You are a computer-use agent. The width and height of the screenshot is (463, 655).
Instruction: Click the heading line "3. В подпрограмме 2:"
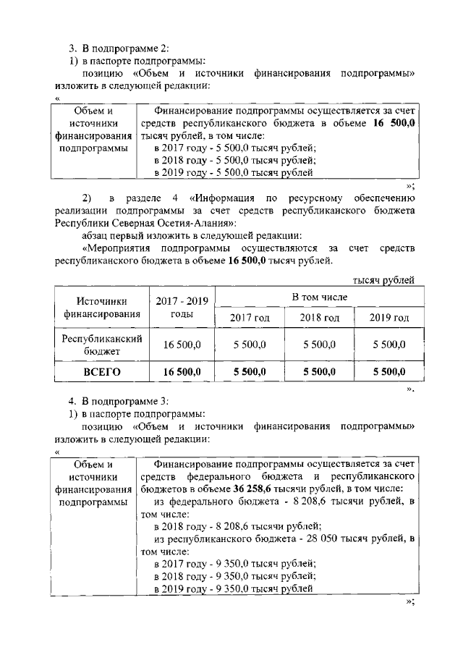point(118,48)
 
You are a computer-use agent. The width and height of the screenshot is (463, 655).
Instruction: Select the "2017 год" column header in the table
point(250,318)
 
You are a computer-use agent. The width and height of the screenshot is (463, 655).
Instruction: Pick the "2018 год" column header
point(319,318)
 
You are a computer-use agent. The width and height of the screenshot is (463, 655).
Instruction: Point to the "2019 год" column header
point(388,318)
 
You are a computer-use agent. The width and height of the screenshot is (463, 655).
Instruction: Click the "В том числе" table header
point(319,297)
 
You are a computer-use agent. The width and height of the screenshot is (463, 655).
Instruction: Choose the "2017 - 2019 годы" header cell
point(181,308)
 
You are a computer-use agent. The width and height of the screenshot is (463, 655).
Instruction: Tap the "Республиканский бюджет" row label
point(101,345)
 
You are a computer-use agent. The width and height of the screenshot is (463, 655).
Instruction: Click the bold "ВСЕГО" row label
point(101,372)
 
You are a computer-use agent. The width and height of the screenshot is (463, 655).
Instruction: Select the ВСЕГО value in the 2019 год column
point(388,372)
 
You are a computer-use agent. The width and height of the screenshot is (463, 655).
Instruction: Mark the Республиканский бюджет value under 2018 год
point(319,345)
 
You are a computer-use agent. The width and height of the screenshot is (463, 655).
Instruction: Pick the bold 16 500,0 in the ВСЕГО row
point(181,372)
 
